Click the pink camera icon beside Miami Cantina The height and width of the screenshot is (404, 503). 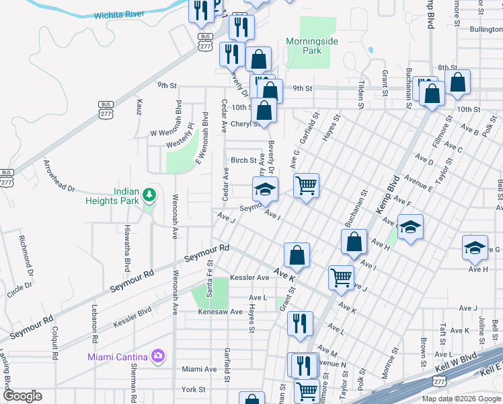pos(158,355)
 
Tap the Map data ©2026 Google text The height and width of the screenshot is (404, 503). pos(461,399)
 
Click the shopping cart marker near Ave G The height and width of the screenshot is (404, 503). pos(306,184)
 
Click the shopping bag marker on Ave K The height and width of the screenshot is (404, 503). pos(297,255)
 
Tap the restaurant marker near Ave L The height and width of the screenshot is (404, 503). pos(300,323)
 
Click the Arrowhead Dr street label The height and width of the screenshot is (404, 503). pos(59,176)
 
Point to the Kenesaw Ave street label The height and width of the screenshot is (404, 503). pos(219,312)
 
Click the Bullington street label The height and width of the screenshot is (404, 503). pos(486,30)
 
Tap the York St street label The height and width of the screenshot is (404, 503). pos(193,390)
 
